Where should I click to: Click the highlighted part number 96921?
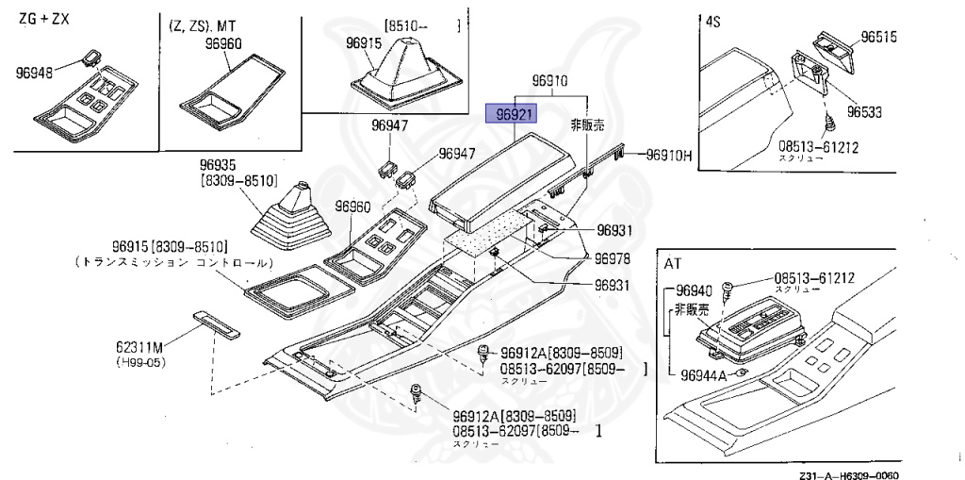pyautogui.click(x=509, y=114)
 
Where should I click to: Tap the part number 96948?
pyautogui.click(x=36, y=71)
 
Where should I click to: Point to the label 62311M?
pyautogui.click(x=139, y=347)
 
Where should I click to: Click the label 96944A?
pyautogui.click(x=703, y=375)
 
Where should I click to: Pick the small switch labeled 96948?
pyautogui.click(x=91, y=57)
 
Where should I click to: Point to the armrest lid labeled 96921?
pyautogui.click(x=496, y=178)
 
